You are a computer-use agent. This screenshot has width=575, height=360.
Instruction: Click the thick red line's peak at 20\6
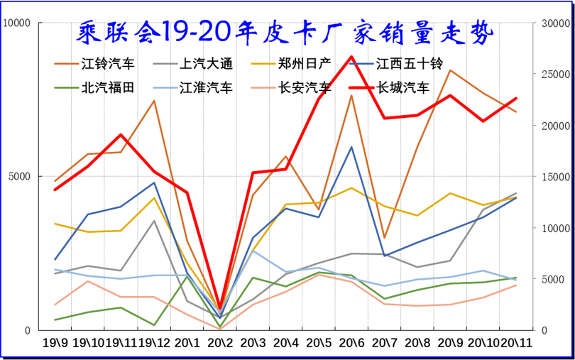pyautogui.click(x=351, y=57)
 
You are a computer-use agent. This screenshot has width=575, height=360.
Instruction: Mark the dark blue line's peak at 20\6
pyautogui.click(x=351, y=147)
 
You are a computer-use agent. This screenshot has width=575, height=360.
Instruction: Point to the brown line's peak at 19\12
pyautogui.click(x=154, y=101)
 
